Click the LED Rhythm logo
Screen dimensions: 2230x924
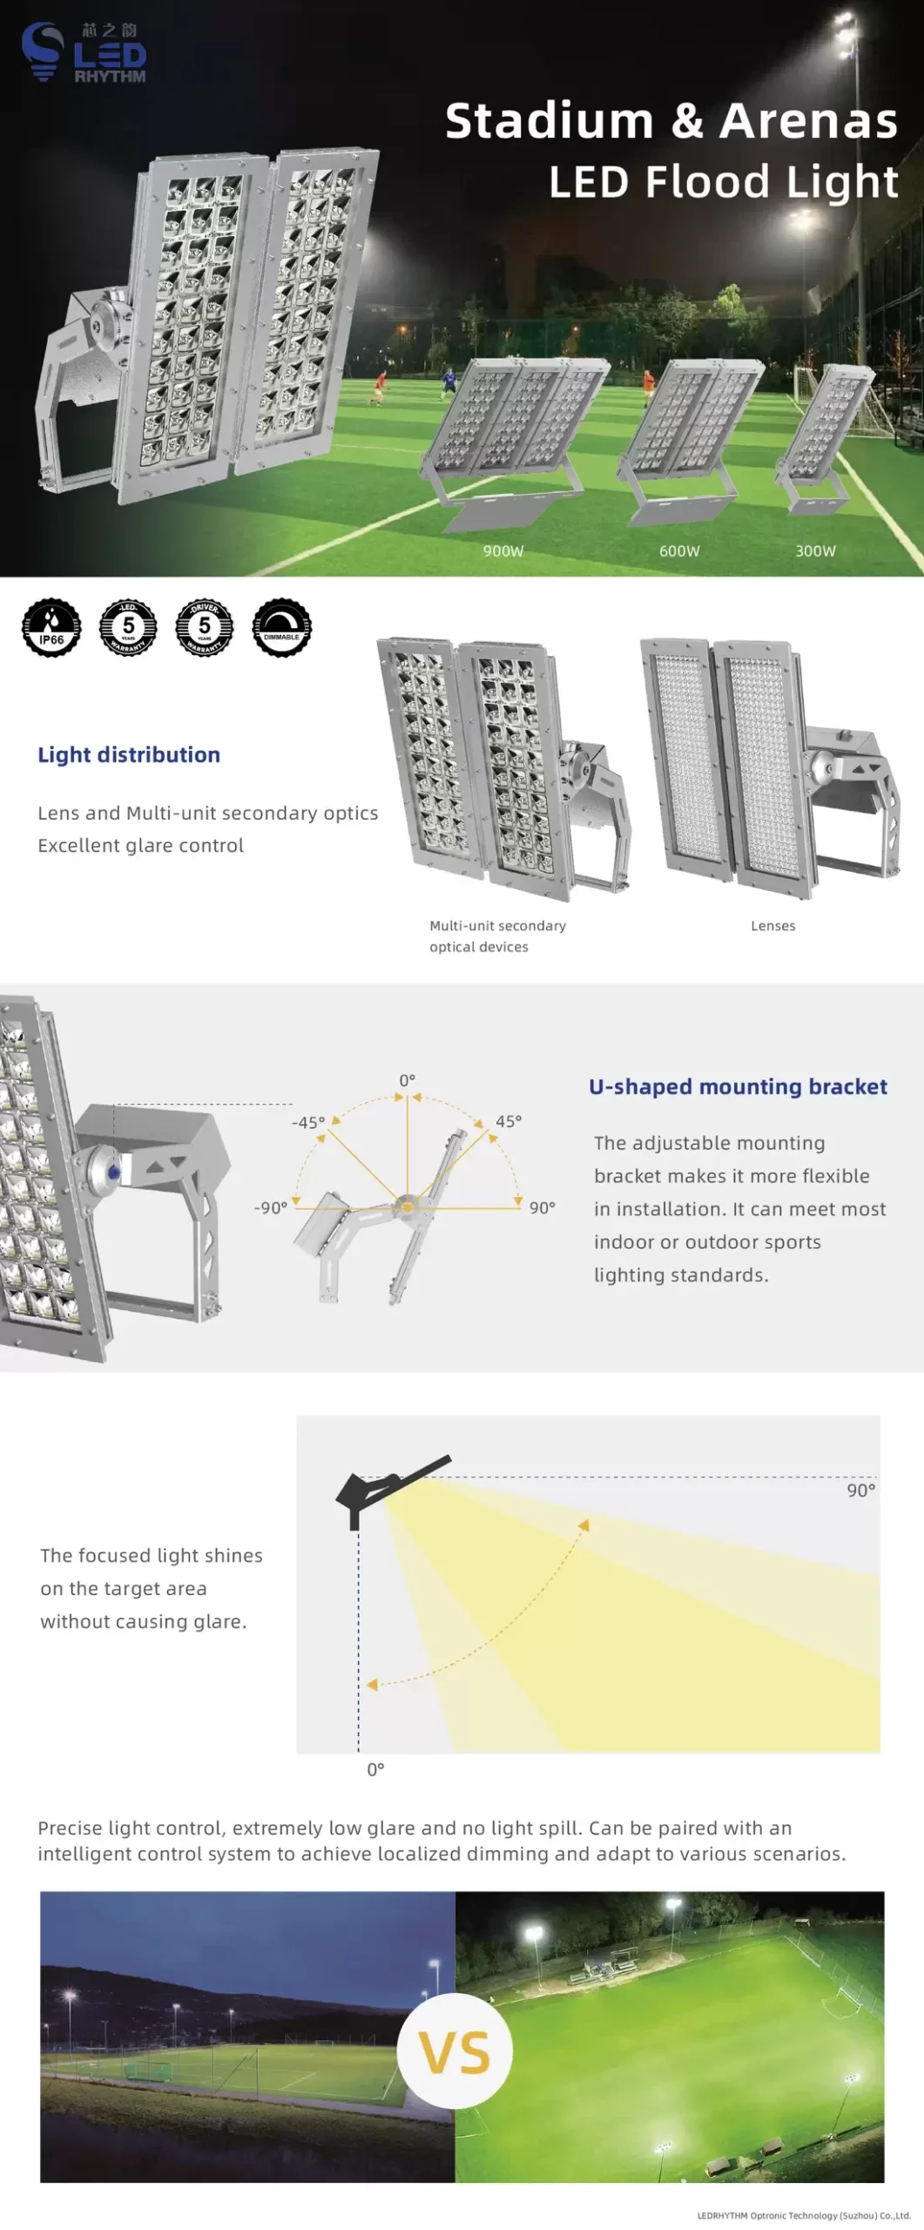pyautogui.click(x=84, y=52)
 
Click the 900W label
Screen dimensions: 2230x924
pyautogui.click(x=503, y=551)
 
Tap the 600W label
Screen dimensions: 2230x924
pyautogui.click(x=679, y=551)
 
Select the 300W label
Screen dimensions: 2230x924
pyautogui.click(x=815, y=551)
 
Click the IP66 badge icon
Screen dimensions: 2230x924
pyautogui.click(x=51, y=627)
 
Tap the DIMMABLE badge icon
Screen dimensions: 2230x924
pyautogui.click(x=281, y=627)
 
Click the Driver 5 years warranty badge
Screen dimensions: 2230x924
pyautogui.click(x=205, y=627)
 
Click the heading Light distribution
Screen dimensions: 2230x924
pyautogui.click(x=129, y=754)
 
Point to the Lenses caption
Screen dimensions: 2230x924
pyautogui.click(x=772, y=926)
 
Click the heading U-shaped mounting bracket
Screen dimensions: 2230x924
pyautogui.click(x=738, y=1086)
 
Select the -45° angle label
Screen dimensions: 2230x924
pyautogui.click(x=307, y=1123)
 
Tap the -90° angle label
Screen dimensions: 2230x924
pyautogui.click(x=270, y=1208)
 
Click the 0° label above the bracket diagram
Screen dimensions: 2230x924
pyautogui.click(x=407, y=1080)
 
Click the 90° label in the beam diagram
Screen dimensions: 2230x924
pyautogui.click(x=860, y=1490)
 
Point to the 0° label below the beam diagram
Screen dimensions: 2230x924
pyautogui.click(x=375, y=1770)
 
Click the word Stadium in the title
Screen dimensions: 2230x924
pyautogui.click(x=549, y=121)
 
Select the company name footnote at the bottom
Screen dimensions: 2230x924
pyautogui.click(x=803, y=2215)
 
